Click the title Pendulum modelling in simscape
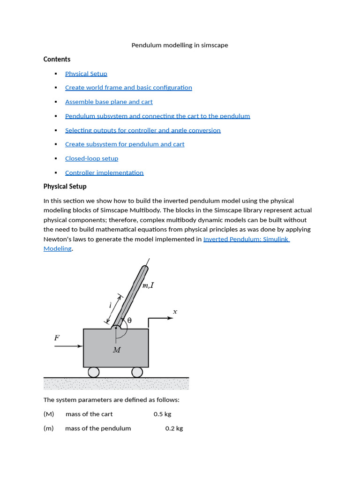tap(180, 45)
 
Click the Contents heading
tap(57, 59)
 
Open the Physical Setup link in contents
tap(86, 74)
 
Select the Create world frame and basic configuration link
tap(128, 88)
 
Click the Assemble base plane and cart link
tap(109, 102)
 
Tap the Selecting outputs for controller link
tap(142, 130)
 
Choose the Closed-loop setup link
tap(91, 158)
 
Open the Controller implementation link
tap(104, 172)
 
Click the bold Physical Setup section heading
tap(65, 187)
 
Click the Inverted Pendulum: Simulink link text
tap(246, 239)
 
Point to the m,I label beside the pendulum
tap(148, 285)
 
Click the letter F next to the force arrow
tap(57, 337)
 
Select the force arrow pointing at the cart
tap(68, 346)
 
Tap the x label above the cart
tap(175, 311)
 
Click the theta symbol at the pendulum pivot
tap(129, 320)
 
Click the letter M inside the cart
tap(117, 350)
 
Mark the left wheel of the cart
tap(94, 372)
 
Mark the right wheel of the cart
tap(137, 372)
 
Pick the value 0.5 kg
tap(162, 414)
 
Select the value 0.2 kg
tap(174, 428)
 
